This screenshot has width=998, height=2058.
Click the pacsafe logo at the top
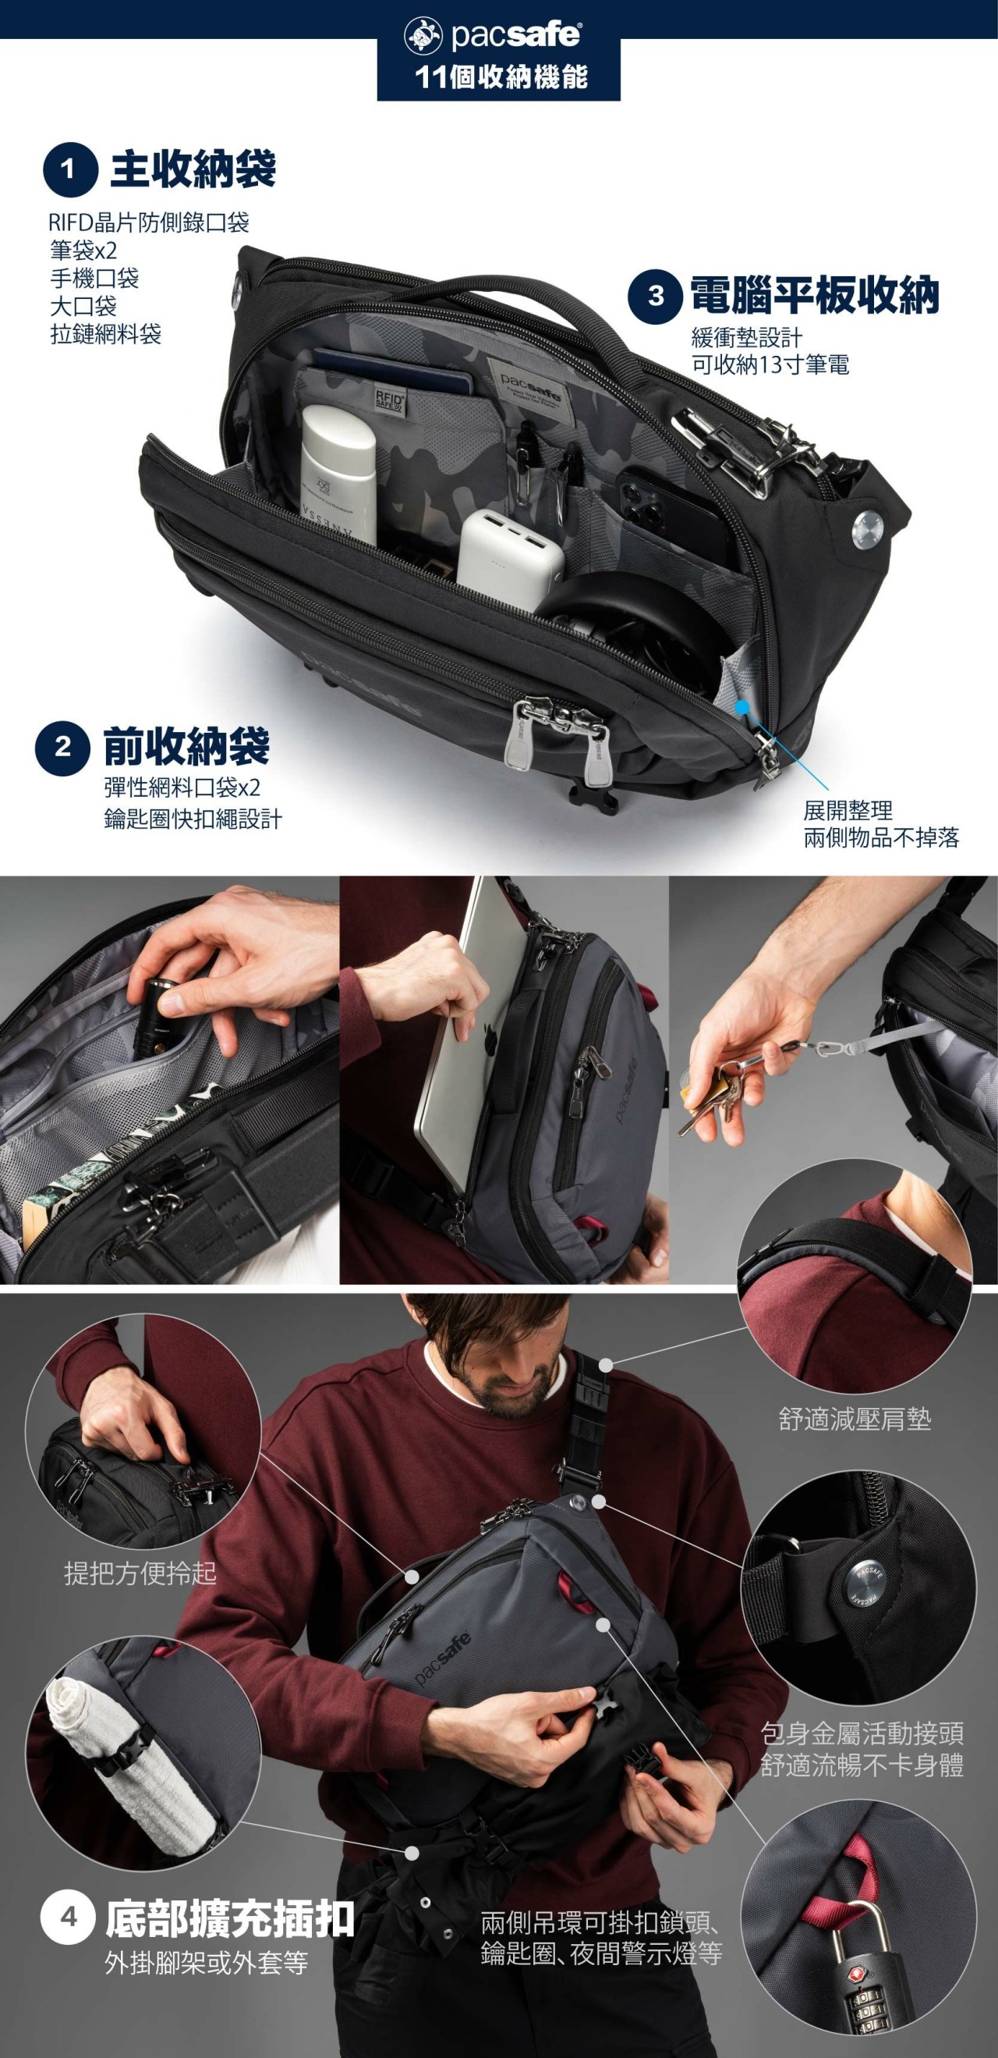(493, 34)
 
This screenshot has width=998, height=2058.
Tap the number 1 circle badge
(69, 169)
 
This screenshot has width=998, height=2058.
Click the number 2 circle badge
(62, 748)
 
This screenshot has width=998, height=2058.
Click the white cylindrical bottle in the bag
(338, 472)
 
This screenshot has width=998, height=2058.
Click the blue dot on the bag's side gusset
(741, 707)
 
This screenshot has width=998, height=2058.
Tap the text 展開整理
(848, 811)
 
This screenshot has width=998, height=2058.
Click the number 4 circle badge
(69, 1918)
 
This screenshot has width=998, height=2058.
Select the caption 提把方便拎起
(140, 1573)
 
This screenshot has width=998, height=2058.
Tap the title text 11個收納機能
(501, 77)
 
